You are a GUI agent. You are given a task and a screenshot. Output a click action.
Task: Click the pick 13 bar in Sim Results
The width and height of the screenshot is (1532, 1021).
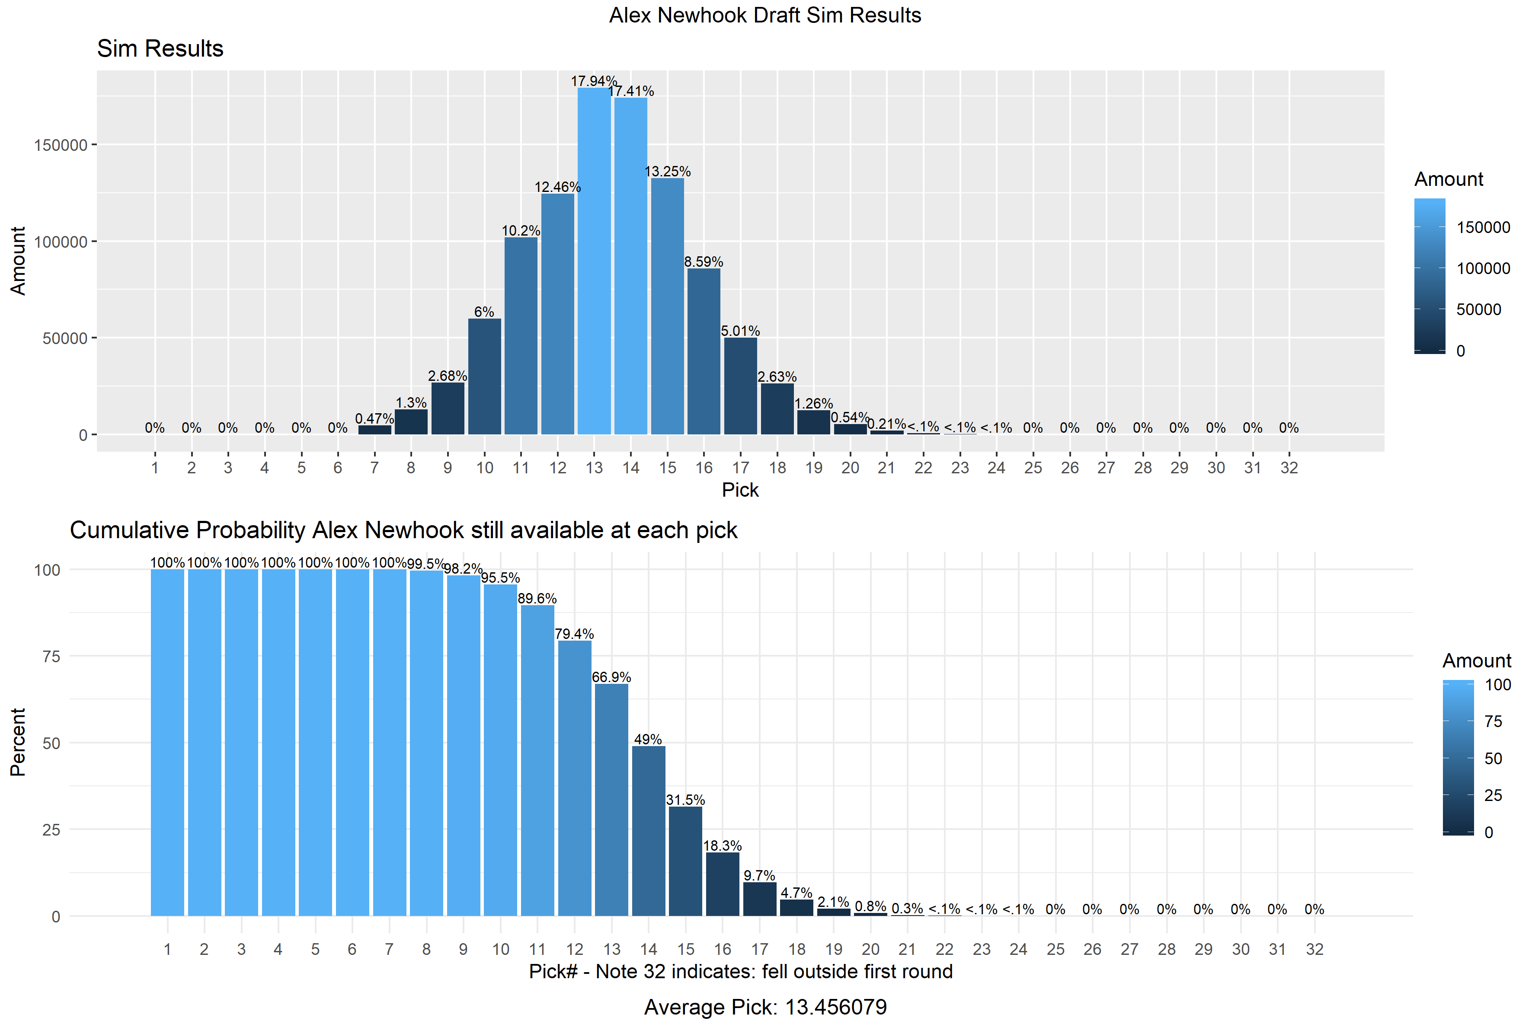click(594, 261)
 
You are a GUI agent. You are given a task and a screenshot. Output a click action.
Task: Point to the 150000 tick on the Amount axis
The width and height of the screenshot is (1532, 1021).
click(61, 144)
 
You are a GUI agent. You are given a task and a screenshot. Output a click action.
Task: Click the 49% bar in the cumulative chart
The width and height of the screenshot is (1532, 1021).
click(649, 831)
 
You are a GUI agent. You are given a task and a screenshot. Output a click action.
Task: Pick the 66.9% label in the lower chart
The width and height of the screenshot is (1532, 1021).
click(611, 677)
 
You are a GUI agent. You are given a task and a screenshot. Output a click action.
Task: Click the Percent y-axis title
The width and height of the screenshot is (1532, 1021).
click(18, 742)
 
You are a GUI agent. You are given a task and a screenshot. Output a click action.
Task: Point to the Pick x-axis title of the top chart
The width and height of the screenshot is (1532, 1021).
click(740, 490)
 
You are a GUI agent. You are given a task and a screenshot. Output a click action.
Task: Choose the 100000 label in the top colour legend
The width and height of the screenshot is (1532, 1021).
click(1483, 268)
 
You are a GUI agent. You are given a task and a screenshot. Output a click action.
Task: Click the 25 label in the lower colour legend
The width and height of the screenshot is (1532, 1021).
click(1493, 795)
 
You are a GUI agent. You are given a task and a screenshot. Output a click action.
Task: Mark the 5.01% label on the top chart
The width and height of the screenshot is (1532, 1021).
click(741, 331)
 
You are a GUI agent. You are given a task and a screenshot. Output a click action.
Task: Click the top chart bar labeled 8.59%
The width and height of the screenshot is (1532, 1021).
click(704, 351)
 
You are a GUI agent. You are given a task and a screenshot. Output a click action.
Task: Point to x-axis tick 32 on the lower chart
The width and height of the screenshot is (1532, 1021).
click(1315, 949)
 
